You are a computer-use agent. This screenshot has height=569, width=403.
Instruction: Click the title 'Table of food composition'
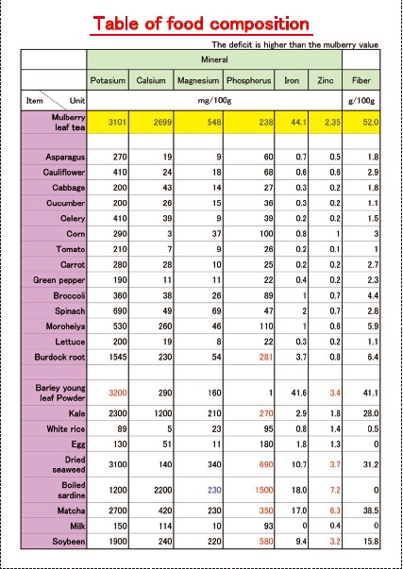202,24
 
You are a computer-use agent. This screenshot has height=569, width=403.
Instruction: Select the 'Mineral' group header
214,59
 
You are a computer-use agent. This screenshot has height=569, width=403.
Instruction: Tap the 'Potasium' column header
108,80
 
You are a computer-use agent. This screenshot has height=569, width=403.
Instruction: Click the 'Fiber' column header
361,80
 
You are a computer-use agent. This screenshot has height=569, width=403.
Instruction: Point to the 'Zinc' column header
325,80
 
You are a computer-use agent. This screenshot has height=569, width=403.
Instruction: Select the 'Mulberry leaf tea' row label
68,123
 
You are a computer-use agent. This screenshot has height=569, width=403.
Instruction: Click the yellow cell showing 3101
118,123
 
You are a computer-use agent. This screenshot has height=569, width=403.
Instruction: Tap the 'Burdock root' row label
59,357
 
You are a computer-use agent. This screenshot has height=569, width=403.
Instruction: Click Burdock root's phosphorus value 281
266,357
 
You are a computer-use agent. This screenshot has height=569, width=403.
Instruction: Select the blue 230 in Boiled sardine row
214,490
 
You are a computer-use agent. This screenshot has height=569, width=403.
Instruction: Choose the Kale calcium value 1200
162,413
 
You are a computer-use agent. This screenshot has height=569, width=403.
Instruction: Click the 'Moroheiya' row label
66,326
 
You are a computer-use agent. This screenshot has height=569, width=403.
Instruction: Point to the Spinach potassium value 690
120,311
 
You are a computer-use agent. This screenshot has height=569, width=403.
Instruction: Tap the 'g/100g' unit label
361,101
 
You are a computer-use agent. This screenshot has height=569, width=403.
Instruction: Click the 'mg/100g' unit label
214,101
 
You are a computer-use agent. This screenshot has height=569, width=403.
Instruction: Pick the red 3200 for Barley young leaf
118,393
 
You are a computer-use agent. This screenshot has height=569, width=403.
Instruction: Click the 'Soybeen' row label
69,542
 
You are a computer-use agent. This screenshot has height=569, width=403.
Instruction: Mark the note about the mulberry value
295,44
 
